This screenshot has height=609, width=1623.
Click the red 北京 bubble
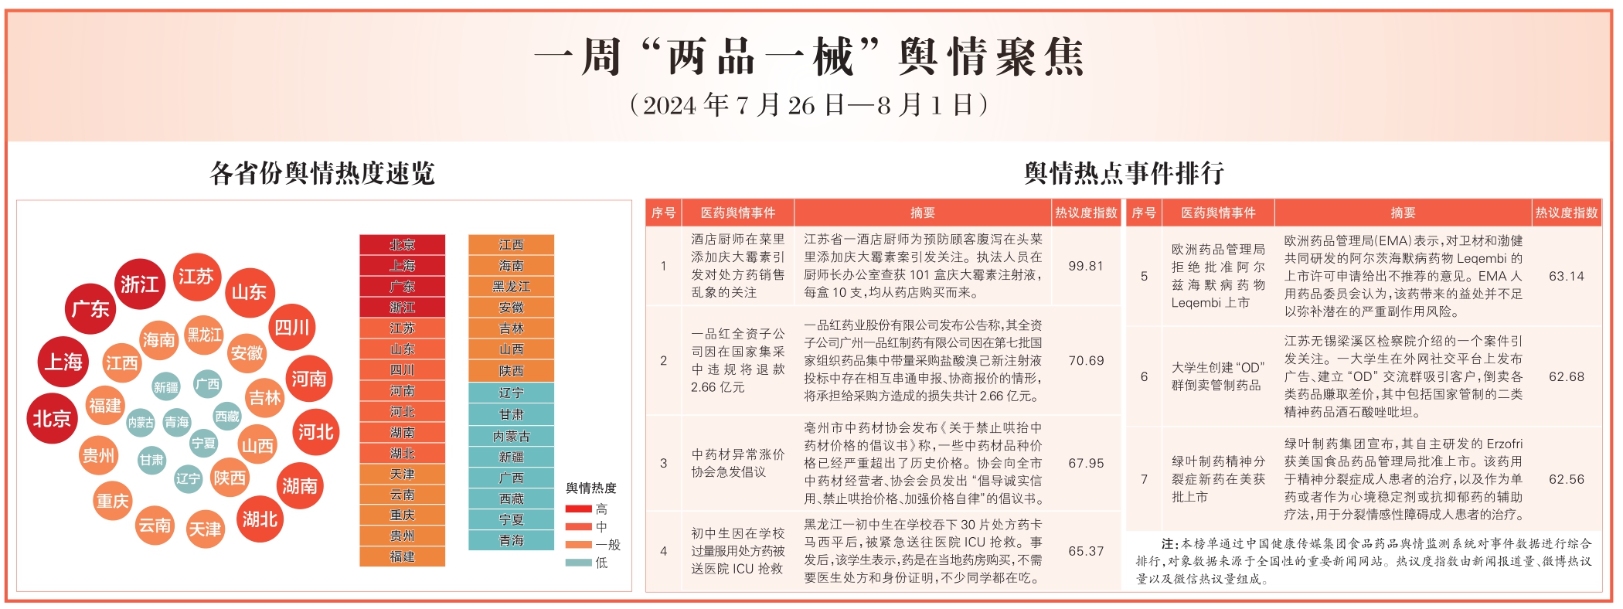point(52,418)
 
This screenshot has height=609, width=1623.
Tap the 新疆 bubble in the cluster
point(166,387)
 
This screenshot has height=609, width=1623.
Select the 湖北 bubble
point(259,519)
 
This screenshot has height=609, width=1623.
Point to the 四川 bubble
point(292,328)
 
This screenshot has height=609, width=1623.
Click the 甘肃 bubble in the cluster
point(151,460)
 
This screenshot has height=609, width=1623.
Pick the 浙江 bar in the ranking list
point(402,308)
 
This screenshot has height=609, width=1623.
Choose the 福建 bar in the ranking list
point(402,556)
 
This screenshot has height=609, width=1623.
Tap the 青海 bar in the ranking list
point(511,540)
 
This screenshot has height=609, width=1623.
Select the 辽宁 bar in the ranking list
point(511,393)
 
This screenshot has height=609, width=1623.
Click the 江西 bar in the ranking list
point(511,245)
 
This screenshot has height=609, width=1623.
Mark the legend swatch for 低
point(578,563)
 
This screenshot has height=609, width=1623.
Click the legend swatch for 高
point(578,509)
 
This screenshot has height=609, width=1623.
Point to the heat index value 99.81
point(1085,266)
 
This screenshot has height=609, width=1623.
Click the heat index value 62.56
point(1566,479)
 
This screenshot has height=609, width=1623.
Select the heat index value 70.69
point(1085,360)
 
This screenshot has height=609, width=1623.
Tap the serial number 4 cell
point(663,551)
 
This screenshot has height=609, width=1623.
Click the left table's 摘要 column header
point(922,213)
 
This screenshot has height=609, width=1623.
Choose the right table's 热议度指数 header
point(1566,213)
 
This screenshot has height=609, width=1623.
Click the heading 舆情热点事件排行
point(1124,173)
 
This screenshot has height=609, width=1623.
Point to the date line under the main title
point(809,105)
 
